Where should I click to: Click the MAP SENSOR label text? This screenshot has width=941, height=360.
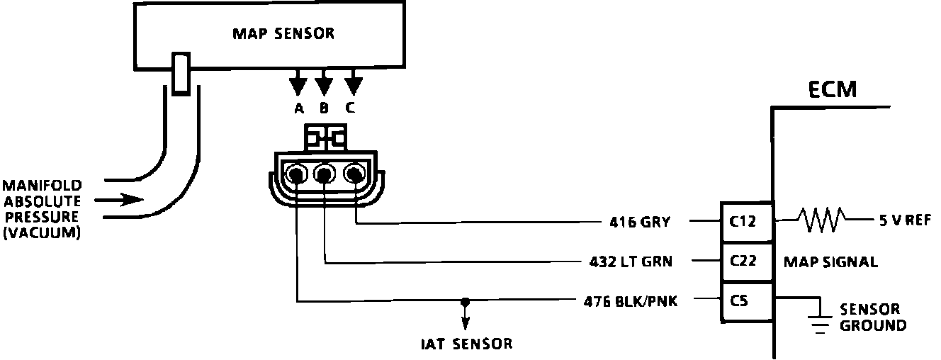click(x=283, y=33)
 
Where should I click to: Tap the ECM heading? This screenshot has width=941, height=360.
click(x=832, y=90)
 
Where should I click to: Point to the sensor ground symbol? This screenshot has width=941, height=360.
click(x=820, y=322)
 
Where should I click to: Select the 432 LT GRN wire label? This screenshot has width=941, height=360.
click(x=630, y=261)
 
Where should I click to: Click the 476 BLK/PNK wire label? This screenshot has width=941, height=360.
click(x=631, y=302)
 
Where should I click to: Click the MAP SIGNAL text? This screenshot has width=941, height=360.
click(x=830, y=262)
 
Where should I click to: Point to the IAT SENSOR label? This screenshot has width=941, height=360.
click(x=465, y=344)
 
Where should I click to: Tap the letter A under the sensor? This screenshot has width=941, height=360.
click(x=298, y=108)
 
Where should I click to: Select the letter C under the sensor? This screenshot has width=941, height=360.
click(x=351, y=108)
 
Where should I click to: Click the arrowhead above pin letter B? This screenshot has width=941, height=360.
click(x=324, y=86)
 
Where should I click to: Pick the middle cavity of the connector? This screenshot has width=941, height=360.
click(x=325, y=174)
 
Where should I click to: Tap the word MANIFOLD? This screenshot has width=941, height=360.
click(x=41, y=186)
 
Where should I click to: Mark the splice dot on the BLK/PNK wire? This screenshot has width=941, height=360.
click(x=465, y=302)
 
